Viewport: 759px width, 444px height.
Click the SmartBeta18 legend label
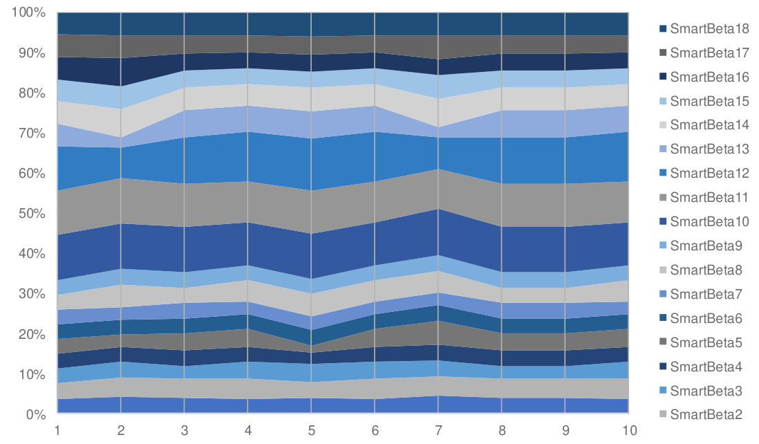709,29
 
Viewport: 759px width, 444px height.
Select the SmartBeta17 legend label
709,53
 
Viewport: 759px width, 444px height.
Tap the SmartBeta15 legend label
709,101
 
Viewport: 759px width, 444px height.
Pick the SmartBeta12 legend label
709,173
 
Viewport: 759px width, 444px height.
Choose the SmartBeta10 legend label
709,221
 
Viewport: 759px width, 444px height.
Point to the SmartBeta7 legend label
706,294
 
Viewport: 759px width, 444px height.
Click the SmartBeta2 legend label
706,414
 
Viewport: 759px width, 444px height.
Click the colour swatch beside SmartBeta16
663,77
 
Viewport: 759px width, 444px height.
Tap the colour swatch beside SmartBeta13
663,149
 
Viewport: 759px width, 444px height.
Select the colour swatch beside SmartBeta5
663,342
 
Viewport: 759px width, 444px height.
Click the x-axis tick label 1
57,430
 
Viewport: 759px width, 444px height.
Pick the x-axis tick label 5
311,430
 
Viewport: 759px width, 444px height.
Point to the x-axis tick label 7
438,430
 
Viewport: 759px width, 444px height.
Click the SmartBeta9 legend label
706,246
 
